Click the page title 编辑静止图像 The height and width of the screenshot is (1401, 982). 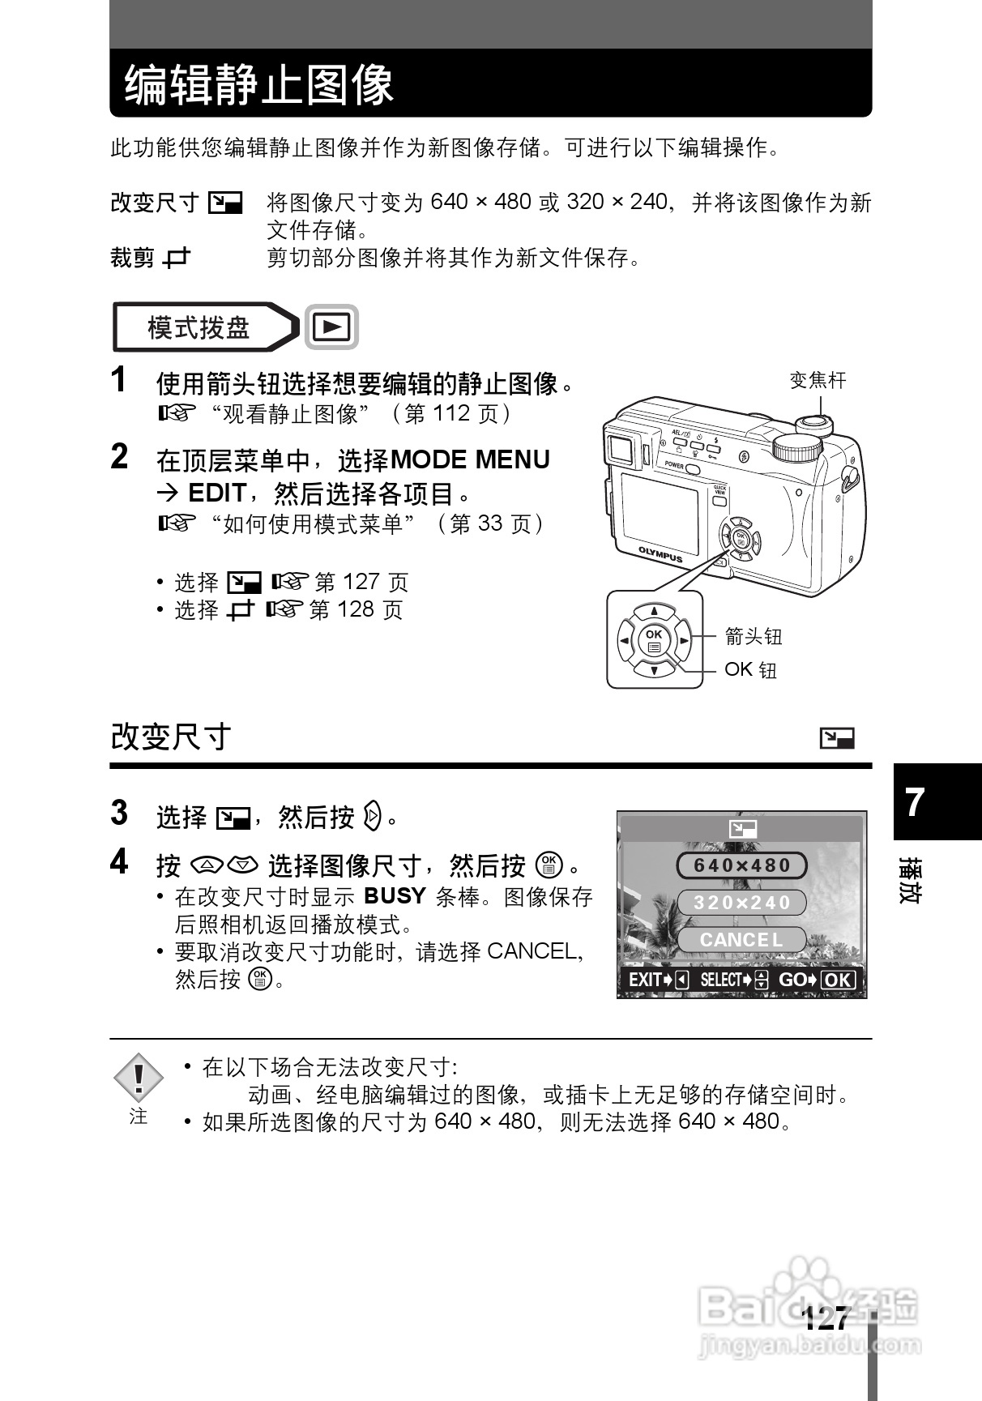(258, 84)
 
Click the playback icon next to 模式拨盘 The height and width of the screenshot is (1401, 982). (331, 327)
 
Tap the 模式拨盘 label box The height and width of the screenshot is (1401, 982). (199, 327)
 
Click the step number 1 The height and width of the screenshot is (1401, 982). (120, 380)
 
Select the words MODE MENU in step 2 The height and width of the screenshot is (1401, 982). (470, 459)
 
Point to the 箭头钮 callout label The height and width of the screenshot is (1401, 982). (753, 636)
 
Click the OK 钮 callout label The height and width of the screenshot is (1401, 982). (750, 669)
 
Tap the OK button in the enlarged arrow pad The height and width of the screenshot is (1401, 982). (654, 640)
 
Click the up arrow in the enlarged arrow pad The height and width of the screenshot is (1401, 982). (654, 612)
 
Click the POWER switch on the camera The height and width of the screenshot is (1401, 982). (691, 468)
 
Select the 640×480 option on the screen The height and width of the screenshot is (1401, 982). (741, 865)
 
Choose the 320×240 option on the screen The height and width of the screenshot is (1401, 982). (741, 903)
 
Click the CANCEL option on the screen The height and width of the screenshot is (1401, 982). (741, 940)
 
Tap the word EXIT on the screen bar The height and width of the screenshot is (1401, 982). (646, 980)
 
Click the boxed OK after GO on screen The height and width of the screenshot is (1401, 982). (839, 980)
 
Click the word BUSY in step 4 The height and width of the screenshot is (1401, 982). (395, 896)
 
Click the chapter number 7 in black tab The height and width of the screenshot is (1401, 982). (915, 802)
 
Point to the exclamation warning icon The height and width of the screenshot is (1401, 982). (139, 1078)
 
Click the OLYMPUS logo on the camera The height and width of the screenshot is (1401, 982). (660, 554)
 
